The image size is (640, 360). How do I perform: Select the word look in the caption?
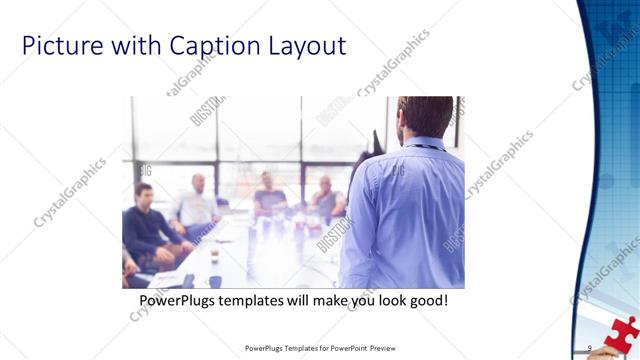click(x=394, y=300)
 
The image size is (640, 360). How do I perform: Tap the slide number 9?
click(x=590, y=348)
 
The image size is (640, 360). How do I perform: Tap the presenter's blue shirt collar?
click(x=417, y=144)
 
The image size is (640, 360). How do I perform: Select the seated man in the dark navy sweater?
click(x=148, y=225)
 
